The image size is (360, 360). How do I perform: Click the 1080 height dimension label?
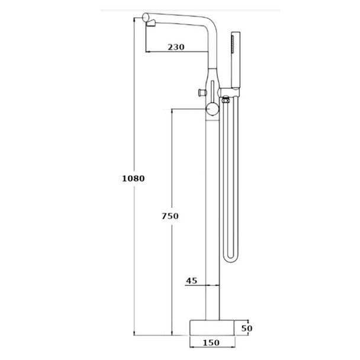133,178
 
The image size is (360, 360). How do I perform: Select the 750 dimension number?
170,216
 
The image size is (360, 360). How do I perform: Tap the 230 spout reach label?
176,47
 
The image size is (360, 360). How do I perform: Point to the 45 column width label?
191,281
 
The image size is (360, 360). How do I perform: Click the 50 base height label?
247,328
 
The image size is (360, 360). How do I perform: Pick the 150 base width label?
211,343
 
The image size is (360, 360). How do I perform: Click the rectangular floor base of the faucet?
213,327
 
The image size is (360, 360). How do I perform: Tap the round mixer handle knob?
213,109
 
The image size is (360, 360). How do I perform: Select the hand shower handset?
236,60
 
